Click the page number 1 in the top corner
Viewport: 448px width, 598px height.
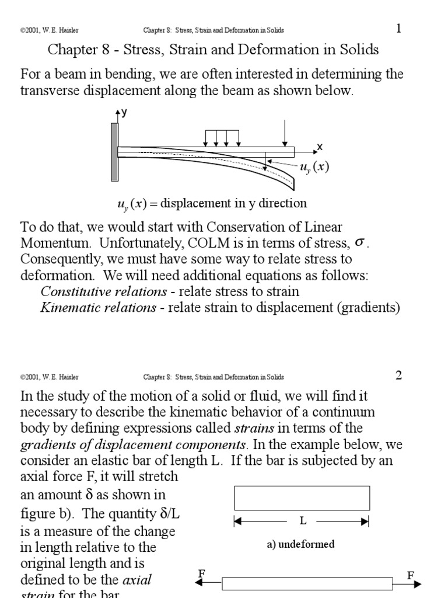click(x=399, y=29)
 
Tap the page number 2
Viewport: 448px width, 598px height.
click(x=399, y=376)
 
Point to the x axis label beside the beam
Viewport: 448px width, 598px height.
click(x=320, y=147)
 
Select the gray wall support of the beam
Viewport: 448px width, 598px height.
click(x=114, y=152)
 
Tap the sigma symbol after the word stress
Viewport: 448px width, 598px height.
click(x=360, y=242)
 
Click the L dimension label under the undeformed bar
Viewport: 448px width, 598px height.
click(x=303, y=520)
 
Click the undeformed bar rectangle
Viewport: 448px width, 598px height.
click(x=302, y=498)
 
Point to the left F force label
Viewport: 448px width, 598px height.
click(x=201, y=575)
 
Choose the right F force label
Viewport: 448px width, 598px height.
click(x=411, y=575)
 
